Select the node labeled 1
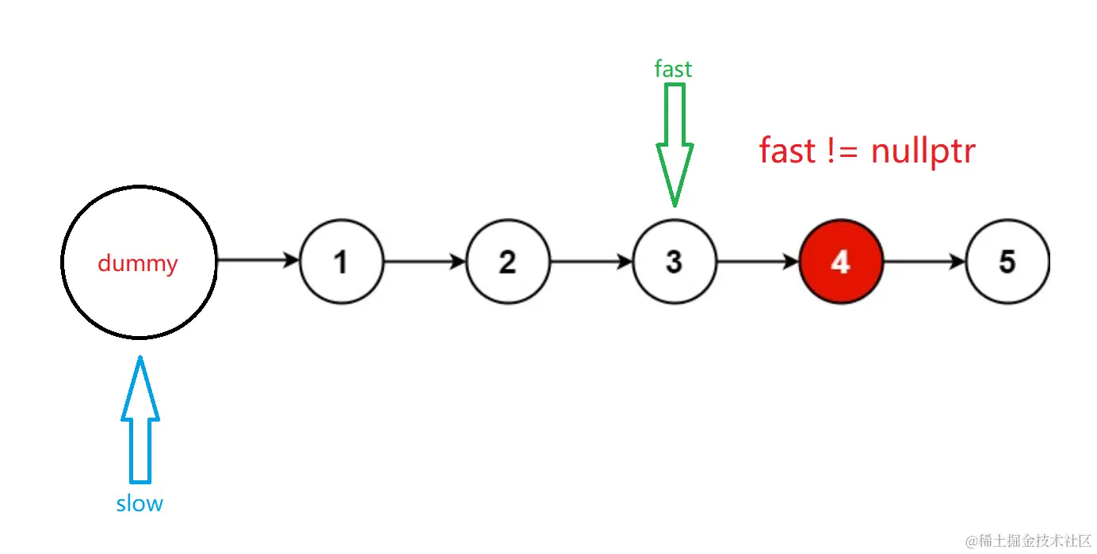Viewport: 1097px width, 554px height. [x=341, y=262]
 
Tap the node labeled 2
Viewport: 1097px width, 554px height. [x=507, y=262]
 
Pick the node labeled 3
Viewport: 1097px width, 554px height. [x=674, y=262]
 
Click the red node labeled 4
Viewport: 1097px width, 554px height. [x=841, y=262]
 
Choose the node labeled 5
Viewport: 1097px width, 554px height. [x=1007, y=262]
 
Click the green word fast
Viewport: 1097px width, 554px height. [x=673, y=70]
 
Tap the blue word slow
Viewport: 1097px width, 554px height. [x=140, y=503]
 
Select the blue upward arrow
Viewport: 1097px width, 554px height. [x=140, y=420]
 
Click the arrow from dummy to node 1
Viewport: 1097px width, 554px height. [x=258, y=260]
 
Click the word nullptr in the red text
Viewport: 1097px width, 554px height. [x=923, y=151]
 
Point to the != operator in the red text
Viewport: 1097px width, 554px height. [x=842, y=151]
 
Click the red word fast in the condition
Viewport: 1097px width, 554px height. [x=786, y=151]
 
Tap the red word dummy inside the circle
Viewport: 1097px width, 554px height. [x=138, y=263]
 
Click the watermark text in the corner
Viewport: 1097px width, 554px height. [x=1028, y=541]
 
